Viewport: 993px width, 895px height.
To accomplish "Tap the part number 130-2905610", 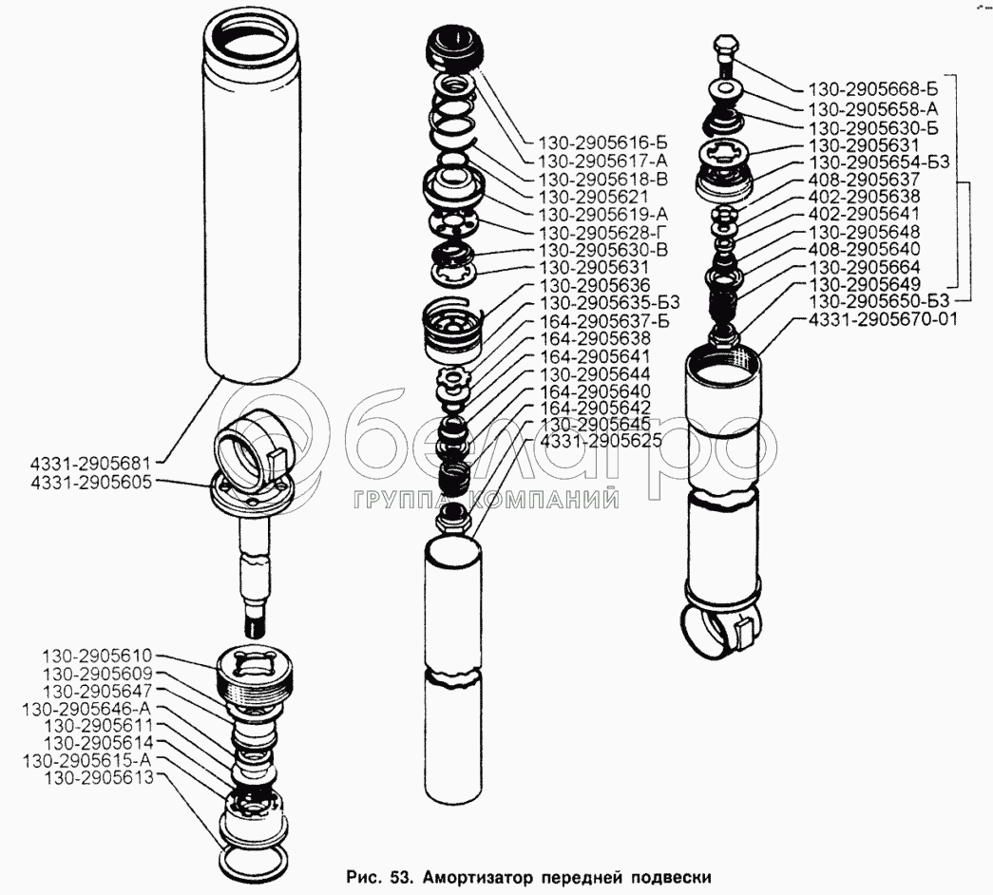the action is (x=98, y=656).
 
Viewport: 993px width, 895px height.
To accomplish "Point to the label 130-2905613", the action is (x=98, y=777).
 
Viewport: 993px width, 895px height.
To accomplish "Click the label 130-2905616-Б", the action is (x=602, y=143).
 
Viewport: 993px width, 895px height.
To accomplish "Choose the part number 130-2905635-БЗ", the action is (x=608, y=303).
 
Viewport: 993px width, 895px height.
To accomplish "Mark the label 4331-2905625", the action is (x=600, y=440).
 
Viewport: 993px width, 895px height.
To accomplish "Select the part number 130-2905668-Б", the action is (x=873, y=88).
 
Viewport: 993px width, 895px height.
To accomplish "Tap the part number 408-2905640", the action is (x=864, y=249).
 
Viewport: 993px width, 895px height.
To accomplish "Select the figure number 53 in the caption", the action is (x=397, y=877).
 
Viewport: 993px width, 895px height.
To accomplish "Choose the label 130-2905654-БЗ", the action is (x=879, y=162).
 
